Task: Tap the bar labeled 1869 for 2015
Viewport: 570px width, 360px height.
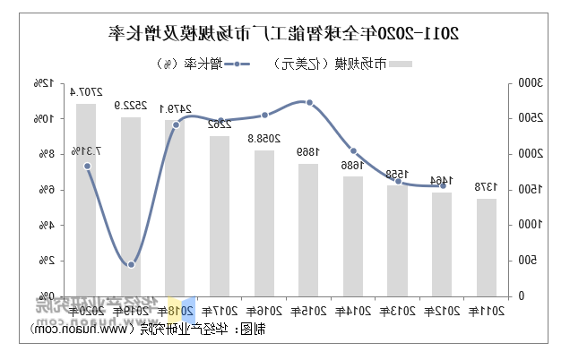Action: pos(308,229)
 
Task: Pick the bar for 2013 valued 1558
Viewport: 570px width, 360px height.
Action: pos(397,240)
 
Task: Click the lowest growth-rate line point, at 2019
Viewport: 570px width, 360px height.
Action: pos(131,264)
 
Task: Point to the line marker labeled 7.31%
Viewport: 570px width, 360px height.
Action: pos(87,166)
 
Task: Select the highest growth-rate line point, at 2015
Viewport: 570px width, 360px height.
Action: pos(308,102)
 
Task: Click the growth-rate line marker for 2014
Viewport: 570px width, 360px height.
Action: pos(353,151)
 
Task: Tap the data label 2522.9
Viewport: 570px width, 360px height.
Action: pos(132,106)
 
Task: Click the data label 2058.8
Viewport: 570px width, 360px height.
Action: pos(263,139)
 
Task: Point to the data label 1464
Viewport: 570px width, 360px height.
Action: pos(441,181)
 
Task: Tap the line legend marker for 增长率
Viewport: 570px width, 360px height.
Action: pos(242,64)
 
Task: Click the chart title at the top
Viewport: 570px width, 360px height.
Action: pos(284,34)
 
